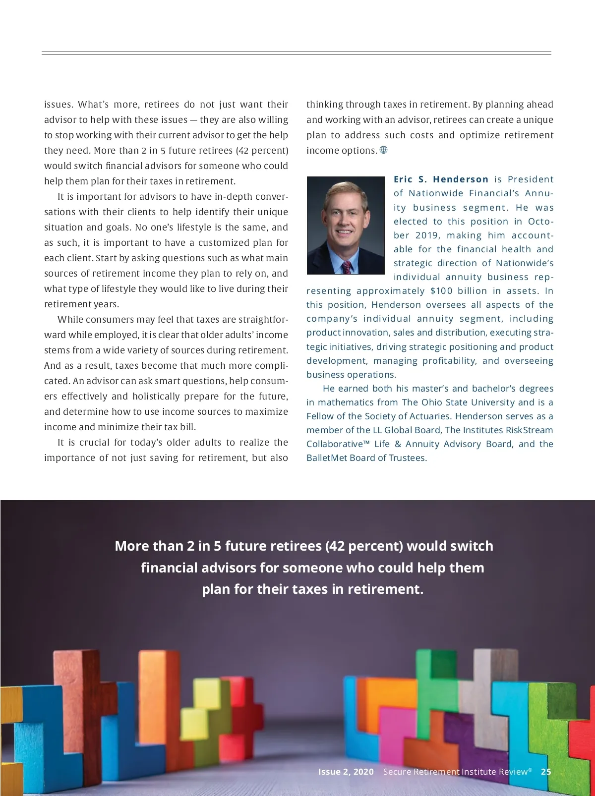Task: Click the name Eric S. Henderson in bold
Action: [441, 179]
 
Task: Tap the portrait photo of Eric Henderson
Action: [346, 226]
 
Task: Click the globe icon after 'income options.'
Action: [383, 150]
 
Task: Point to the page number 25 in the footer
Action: [546, 772]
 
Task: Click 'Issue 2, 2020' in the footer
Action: [346, 772]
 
